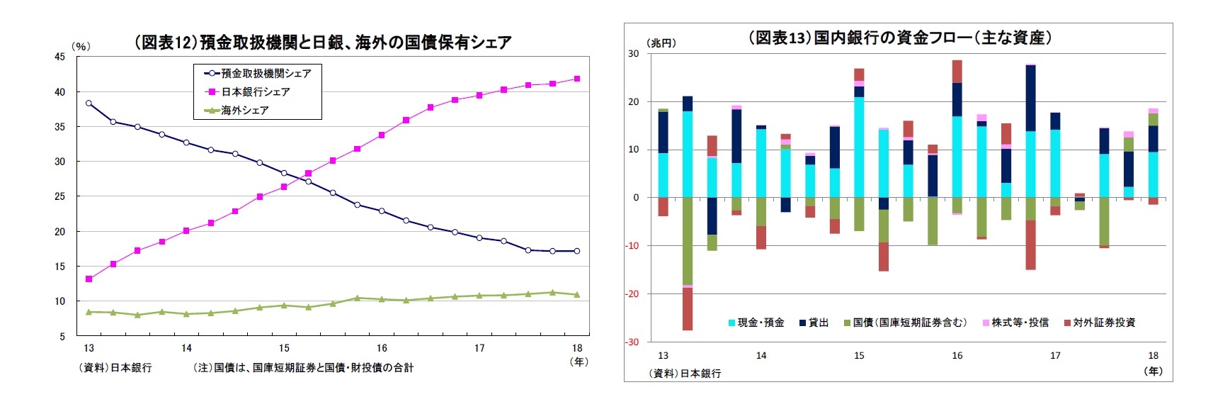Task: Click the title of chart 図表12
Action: click(322, 43)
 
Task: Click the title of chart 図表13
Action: click(899, 38)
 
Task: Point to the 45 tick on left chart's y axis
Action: click(60, 57)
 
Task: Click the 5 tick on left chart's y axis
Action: click(62, 336)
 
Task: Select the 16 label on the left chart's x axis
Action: click(382, 348)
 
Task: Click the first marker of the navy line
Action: click(89, 103)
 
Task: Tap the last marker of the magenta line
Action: click(577, 79)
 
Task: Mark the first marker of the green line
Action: click(89, 312)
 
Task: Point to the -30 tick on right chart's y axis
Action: click(632, 342)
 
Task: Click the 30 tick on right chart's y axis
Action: click(634, 54)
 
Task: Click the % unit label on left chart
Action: click(81, 46)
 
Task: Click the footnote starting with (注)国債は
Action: click(304, 368)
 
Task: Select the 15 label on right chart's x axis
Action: click(859, 356)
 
